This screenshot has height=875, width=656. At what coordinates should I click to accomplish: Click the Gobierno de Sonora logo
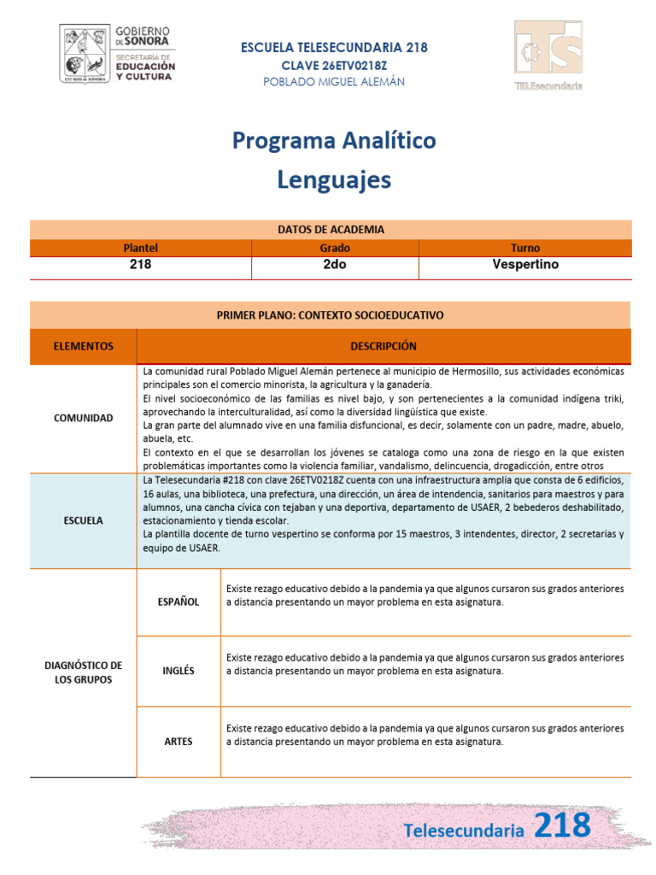(118, 53)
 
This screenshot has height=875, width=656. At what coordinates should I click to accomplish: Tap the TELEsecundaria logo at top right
(548, 56)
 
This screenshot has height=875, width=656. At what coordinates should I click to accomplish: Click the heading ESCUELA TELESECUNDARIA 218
(335, 48)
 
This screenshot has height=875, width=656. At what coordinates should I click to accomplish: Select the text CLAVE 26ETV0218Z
(334, 65)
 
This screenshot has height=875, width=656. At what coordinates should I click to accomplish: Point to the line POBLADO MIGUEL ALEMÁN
(334, 81)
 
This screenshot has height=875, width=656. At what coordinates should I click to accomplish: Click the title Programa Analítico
(334, 140)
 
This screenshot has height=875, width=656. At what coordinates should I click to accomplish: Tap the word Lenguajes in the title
(334, 179)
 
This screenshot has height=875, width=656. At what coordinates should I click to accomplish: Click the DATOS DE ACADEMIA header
(331, 229)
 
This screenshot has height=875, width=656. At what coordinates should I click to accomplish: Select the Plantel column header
(140, 248)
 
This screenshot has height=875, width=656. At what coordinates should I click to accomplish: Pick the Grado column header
(334, 248)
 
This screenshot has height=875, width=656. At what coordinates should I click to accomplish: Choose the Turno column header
(525, 248)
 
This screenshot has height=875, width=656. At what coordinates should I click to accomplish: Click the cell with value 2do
(334, 265)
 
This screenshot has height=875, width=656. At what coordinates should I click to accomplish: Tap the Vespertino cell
(525, 265)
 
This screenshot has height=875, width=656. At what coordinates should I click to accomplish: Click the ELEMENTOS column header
(83, 346)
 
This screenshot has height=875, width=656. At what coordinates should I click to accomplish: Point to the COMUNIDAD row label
(83, 419)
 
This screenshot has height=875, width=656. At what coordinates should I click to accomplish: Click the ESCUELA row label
(83, 520)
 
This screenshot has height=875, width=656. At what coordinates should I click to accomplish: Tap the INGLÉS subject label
(179, 671)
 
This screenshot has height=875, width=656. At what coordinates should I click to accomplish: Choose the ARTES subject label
(179, 742)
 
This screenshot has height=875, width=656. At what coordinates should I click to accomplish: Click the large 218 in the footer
(561, 825)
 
